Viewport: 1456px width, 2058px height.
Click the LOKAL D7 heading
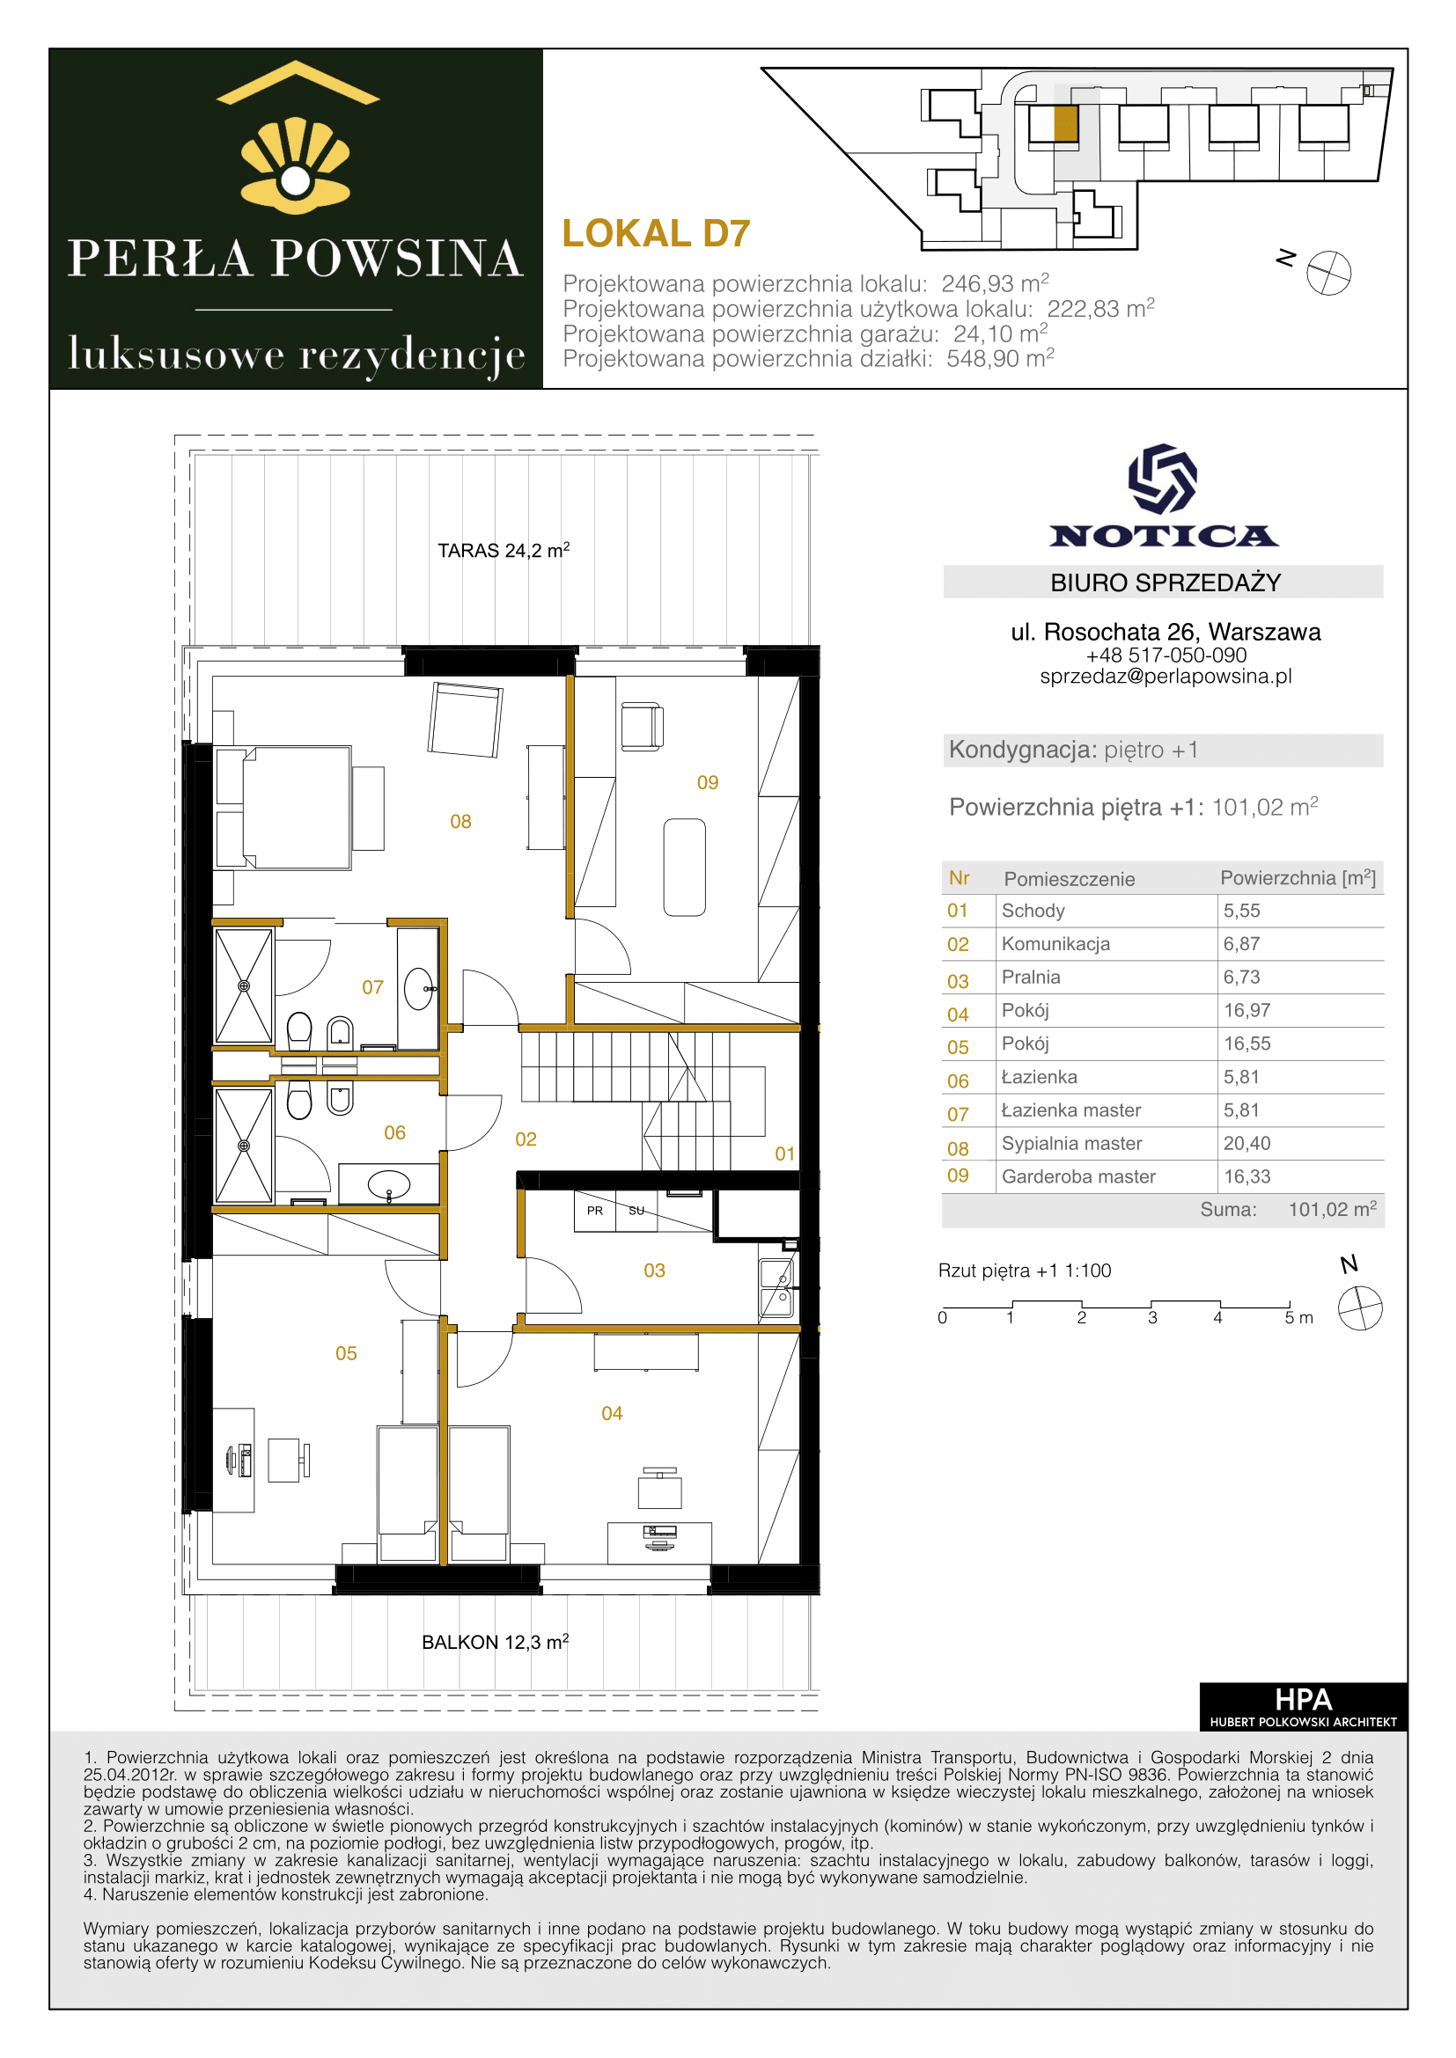tap(656, 233)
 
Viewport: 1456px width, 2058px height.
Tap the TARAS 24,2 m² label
tap(503, 549)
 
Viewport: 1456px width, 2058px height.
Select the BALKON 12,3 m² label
tap(495, 1641)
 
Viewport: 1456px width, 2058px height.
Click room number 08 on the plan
tap(460, 821)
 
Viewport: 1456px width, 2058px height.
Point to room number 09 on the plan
tap(708, 782)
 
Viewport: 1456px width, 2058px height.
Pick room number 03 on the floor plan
tap(654, 1271)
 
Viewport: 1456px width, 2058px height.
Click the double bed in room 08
tap(283, 808)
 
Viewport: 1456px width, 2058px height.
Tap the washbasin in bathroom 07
tap(420, 989)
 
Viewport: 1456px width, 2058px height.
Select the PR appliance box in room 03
tap(595, 1210)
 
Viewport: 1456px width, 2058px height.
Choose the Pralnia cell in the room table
tap(1031, 977)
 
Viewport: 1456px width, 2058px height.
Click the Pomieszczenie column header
tap(1069, 878)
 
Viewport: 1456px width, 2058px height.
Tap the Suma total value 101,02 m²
tap(1332, 1208)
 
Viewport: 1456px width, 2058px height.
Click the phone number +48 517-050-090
tap(1166, 655)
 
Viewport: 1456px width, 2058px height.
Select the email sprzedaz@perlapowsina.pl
tap(1166, 676)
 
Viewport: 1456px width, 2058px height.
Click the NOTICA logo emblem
tap(1163, 479)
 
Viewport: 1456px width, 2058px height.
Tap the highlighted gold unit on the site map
tap(1065, 124)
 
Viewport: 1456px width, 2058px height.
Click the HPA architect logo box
tap(1303, 1706)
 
